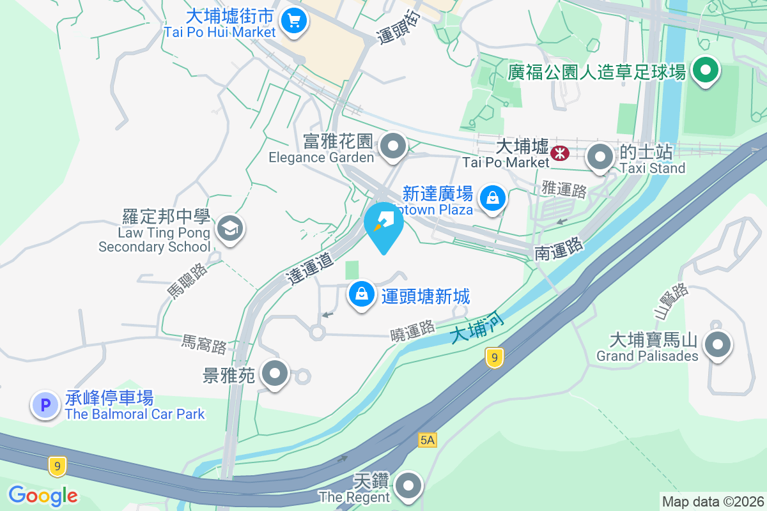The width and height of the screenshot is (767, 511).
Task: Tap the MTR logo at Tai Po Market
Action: pos(561,153)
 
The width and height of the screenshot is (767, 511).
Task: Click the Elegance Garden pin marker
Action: pos(393,146)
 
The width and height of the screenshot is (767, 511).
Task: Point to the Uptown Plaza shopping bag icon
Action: pos(493,198)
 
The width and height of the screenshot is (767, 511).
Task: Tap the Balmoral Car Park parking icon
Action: pos(45,405)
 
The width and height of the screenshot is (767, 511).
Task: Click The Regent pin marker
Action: pos(408,487)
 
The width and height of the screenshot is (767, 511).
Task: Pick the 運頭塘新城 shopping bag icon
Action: pos(362,295)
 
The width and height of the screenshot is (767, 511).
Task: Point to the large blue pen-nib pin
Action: pos(383,224)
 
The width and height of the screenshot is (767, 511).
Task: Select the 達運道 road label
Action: pos(311,268)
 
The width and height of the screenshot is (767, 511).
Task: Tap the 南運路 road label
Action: pos(559,248)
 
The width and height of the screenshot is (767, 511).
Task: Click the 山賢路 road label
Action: pos(670,301)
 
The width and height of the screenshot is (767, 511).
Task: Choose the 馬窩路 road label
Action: pos(204,344)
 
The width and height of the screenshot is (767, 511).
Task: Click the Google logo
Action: pos(43,496)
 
